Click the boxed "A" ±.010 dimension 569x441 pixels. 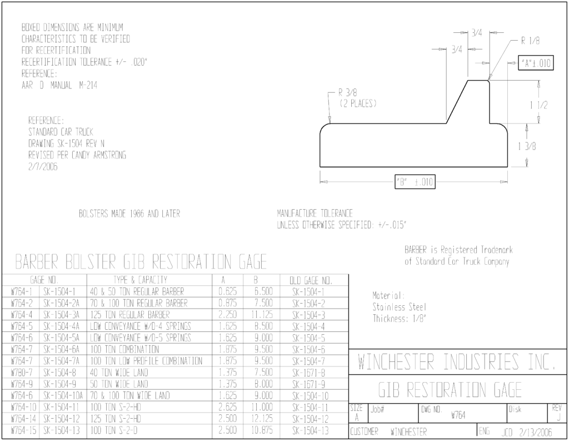(x=536, y=63)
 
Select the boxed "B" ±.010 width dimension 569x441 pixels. (x=415, y=182)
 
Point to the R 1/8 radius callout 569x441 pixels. (x=530, y=41)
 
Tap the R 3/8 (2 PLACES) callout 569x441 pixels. (x=358, y=98)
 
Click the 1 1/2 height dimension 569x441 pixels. (x=538, y=105)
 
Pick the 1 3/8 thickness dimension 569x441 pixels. (x=527, y=146)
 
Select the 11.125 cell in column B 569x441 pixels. (x=262, y=315)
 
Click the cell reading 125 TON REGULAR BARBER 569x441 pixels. (x=130, y=315)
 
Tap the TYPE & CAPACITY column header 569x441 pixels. (x=141, y=280)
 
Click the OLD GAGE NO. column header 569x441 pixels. (x=311, y=280)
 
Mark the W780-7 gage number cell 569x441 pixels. (x=22, y=373)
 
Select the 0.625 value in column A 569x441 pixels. (x=227, y=291)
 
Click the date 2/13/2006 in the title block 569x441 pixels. (x=535, y=432)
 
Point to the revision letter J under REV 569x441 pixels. (x=558, y=418)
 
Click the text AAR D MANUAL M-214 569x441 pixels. (x=59, y=86)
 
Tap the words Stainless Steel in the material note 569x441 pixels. (x=400, y=308)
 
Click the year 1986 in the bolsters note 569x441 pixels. (x=137, y=214)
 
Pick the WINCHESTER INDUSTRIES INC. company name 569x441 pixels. (x=457, y=362)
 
